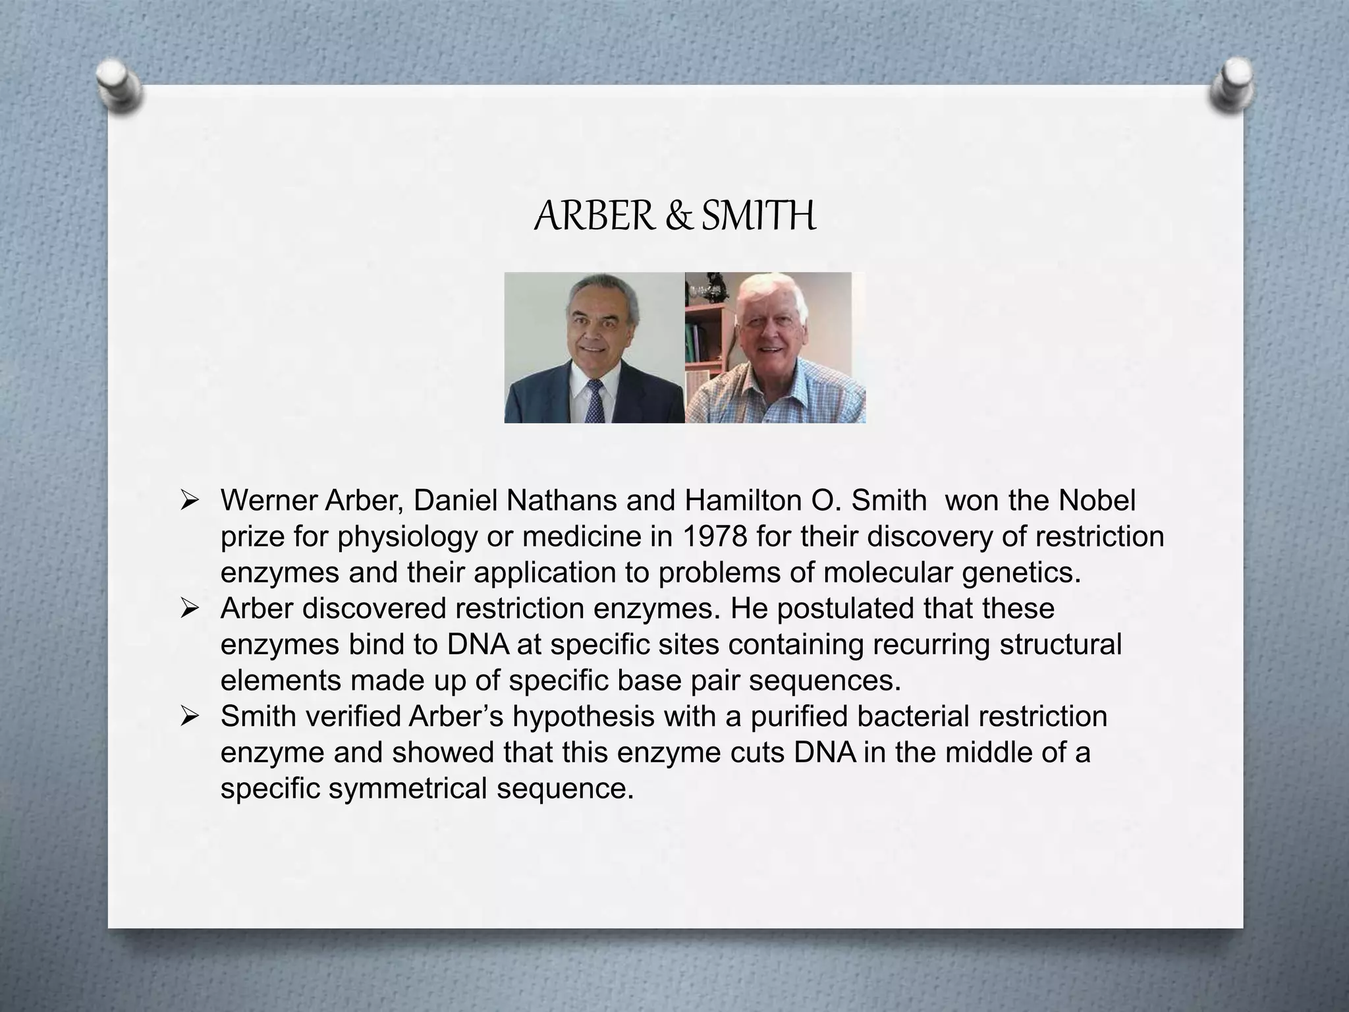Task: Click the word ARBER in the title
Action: click(x=595, y=216)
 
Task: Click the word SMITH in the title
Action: click(x=759, y=216)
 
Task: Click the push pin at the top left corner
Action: click(x=119, y=86)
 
